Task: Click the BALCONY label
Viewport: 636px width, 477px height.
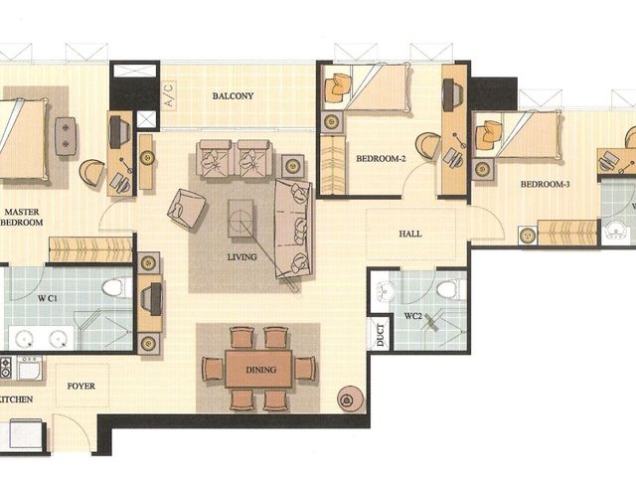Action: click(233, 96)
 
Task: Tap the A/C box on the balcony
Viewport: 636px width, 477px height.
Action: click(169, 95)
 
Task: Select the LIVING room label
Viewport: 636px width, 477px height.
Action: click(241, 256)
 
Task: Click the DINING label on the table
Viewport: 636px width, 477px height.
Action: click(260, 370)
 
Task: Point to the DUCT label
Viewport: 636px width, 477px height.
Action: click(380, 335)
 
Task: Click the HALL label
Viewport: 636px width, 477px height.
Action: click(410, 234)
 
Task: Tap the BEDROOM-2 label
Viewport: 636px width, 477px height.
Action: click(381, 159)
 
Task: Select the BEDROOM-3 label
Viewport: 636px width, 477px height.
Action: click(546, 184)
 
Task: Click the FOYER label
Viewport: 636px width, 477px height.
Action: click(81, 387)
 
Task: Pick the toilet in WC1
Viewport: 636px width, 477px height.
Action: click(117, 287)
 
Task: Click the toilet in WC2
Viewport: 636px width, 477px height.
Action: click(451, 290)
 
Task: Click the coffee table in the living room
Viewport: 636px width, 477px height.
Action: click(241, 219)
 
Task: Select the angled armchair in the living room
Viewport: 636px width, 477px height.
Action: click(187, 209)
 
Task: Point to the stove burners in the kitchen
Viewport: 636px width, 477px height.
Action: click(5, 368)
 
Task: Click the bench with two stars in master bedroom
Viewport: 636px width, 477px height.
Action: click(66, 136)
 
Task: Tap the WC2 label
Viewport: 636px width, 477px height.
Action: click(413, 316)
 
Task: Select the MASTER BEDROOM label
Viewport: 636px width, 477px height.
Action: click(22, 217)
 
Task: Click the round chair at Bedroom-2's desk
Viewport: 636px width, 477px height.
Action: click(427, 146)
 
